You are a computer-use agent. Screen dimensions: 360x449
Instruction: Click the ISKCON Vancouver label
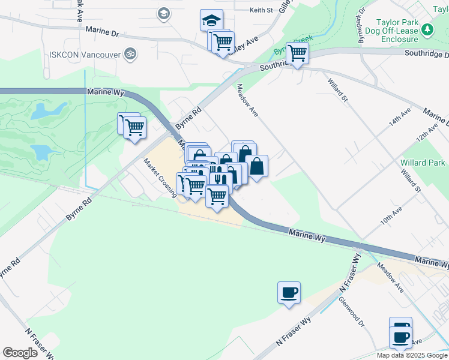tap(80, 53)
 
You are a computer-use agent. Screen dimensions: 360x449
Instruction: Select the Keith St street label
tap(261, 10)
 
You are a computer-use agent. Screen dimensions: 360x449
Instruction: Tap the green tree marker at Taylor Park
tap(427, 29)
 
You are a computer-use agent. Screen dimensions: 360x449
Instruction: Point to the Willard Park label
tap(423, 163)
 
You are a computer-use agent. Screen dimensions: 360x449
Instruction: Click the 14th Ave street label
tap(399, 116)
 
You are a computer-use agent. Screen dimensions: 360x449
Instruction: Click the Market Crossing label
tap(160, 177)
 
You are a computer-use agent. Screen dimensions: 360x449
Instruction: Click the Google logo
tap(20, 353)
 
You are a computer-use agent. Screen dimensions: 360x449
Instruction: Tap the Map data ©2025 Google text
tap(412, 355)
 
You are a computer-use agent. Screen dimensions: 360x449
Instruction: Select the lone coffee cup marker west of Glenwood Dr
tap(289, 292)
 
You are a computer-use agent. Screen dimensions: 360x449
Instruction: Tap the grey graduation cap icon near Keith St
tap(163, 13)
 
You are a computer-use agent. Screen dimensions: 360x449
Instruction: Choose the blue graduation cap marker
tap(211, 20)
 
